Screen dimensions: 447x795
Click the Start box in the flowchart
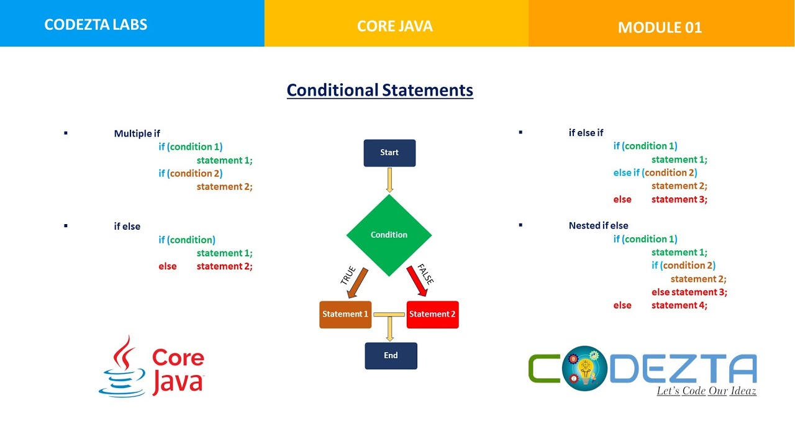(389, 153)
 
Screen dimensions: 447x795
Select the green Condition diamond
(389, 235)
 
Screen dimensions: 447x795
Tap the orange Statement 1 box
(345, 314)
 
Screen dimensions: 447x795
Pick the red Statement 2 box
(432, 314)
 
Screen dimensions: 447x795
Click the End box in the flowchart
(391, 356)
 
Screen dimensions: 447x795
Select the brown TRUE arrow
(358, 282)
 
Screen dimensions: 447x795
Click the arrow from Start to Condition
(389, 180)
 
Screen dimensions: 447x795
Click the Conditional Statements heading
(379, 91)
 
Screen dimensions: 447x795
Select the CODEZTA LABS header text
(96, 25)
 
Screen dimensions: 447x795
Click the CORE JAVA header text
(395, 26)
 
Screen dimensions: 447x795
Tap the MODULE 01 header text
(660, 27)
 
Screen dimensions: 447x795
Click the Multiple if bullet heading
(137, 133)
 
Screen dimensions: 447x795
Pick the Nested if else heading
(598, 225)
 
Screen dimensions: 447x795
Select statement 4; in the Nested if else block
(679, 305)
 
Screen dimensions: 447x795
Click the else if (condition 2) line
(655, 173)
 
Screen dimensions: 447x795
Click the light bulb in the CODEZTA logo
(584, 371)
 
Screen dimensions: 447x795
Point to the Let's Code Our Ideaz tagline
(706, 391)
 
